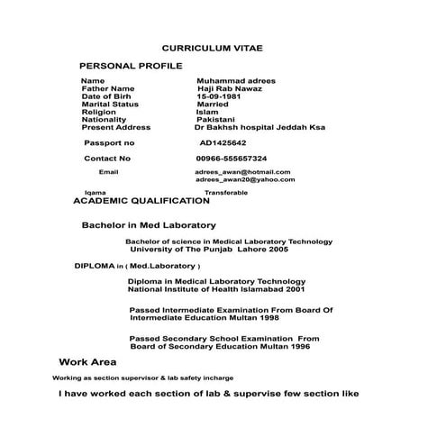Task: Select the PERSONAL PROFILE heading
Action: pos(131,66)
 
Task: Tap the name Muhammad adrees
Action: pos(236,81)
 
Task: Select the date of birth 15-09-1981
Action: pos(221,96)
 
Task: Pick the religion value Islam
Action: pos(207,112)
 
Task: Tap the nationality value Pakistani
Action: pos(215,120)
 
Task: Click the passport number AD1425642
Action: pos(223,142)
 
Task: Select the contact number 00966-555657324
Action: pos(232,158)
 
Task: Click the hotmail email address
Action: pos(242,171)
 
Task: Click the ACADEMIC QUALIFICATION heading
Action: pos(141,201)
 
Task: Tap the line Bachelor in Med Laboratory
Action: pos(149,224)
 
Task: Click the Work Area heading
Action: pos(87,361)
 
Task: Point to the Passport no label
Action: pos(109,142)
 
